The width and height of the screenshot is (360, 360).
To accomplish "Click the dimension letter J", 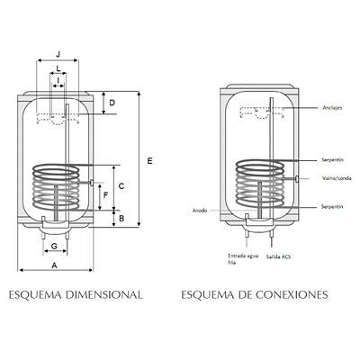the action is point(58,54).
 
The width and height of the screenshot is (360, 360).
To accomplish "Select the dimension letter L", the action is point(58,68).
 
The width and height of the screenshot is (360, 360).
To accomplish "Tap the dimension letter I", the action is point(58,80).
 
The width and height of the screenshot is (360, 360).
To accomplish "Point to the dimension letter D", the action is point(112,103).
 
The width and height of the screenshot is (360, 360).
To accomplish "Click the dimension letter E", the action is point(150,161).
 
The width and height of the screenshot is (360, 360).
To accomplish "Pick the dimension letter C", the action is point(121,186).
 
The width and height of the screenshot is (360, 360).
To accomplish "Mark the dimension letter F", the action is point(105,195).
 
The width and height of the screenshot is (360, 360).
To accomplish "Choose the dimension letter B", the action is point(121,219).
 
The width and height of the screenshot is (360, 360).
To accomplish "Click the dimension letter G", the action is point(54,247).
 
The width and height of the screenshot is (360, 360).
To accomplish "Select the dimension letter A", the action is point(54,265).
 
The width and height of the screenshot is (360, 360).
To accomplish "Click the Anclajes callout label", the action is point(332,108).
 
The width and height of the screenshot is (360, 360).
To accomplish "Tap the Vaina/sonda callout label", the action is point(337,178).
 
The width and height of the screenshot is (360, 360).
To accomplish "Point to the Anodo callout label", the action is point(200,211).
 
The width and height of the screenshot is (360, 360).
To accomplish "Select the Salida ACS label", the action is point(278,256).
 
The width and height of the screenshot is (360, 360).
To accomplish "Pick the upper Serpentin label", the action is point(332,160).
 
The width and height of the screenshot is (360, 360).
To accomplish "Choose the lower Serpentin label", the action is point(332,207).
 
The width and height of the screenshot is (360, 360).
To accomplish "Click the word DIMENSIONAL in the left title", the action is point(103,294).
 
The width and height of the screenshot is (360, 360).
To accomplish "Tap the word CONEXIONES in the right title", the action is point(292,294).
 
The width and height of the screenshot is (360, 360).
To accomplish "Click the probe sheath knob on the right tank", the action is point(297,178).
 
